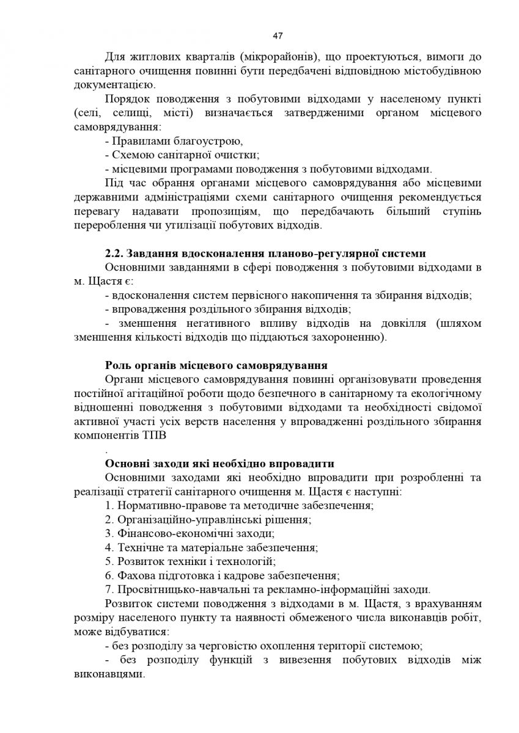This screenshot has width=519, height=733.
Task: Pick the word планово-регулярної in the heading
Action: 320,253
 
